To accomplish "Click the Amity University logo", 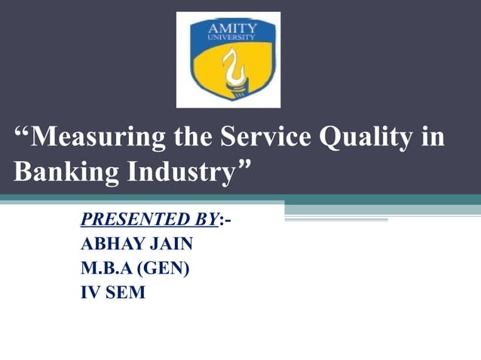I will pos(228,59).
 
